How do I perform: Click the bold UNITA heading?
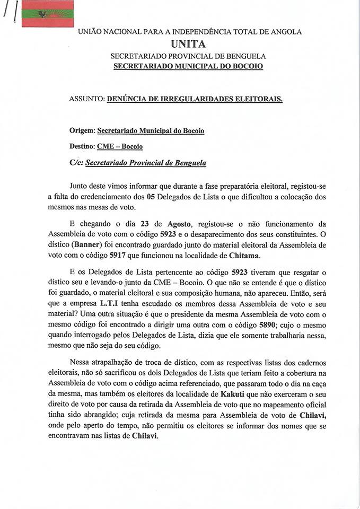(x=188, y=44)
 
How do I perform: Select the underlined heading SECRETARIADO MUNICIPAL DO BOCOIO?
(x=188, y=66)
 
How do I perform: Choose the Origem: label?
(x=82, y=130)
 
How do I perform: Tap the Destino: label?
(x=82, y=146)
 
